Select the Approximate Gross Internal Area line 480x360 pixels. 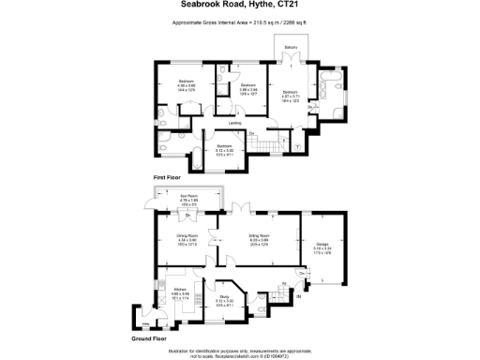point(240,22)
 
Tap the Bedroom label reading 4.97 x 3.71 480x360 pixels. point(292,93)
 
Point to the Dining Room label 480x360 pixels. point(186,238)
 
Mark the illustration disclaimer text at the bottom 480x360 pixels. point(240,351)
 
